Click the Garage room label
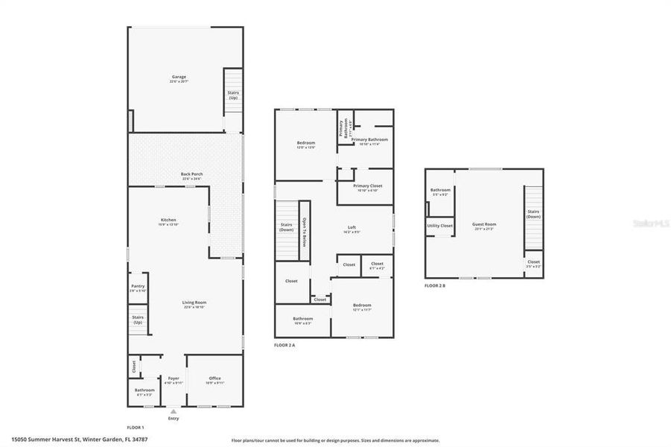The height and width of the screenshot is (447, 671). pyautogui.click(x=179, y=77)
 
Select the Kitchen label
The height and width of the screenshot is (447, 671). pyautogui.click(x=168, y=221)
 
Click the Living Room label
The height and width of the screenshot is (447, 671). pyautogui.click(x=194, y=303)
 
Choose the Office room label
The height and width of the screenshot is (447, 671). pyautogui.click(x=214, y=379)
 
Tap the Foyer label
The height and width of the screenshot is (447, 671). pyautogui.click(x=174, y=379)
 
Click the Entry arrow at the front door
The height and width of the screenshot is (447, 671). pyautogui.click(x=174, y=412)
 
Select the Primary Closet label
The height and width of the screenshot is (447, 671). pyautogui.click(x=367, y=187)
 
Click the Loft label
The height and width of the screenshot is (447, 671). pyautogui.click(x=352, y=229)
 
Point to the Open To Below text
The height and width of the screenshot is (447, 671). pyautogui.click(x=304, y=232)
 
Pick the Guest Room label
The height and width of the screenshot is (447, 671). pyautogui.click(x=484, y=225)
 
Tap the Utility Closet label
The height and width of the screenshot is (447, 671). pyautogui.click(x=439, y=225)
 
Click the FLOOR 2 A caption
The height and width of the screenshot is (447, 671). pyautogui.click(x=284, y=346)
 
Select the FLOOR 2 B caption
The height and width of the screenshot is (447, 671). pyautogui.click(x=435, y=285)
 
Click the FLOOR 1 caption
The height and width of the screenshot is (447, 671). pyautogui.click(x=135, y=427)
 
